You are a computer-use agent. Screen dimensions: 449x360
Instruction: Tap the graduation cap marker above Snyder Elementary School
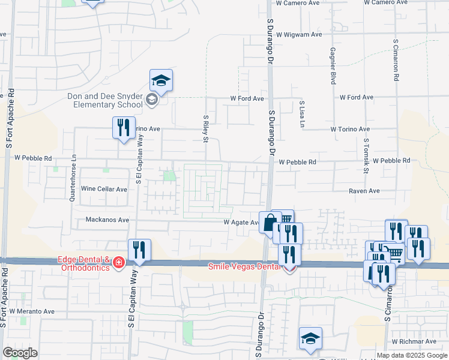point(161,80)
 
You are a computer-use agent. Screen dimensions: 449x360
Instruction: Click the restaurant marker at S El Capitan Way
point(139,250)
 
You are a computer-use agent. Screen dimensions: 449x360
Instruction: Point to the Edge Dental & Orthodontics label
point(84,263)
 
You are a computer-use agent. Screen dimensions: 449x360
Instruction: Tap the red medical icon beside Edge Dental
point(119,263)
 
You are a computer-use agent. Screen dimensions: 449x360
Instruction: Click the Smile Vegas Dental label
point(244,266)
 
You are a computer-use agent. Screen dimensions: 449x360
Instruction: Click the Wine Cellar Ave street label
point(104,189)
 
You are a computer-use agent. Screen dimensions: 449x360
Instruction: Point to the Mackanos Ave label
point(107,220)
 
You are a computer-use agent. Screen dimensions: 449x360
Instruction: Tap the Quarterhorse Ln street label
point(74,178)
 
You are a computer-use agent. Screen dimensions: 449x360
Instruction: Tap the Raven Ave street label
point(366,191)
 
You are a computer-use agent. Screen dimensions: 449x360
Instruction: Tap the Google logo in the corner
point(20,353)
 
